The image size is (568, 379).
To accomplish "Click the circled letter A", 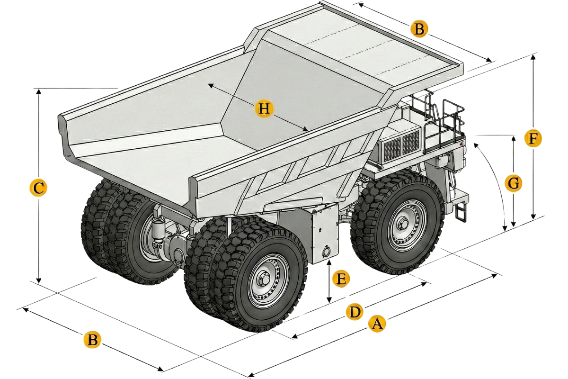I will click(377, 325).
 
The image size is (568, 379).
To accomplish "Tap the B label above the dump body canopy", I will click(419, 29).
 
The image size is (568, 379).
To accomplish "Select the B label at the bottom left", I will click(92, 340).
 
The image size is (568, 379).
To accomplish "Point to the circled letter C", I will click(37, 188).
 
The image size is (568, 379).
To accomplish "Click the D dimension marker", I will click(354, 312).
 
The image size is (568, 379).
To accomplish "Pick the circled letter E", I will click(340, 279).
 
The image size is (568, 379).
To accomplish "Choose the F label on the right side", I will click(533, 139).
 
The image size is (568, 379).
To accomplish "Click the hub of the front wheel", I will click(403, 223).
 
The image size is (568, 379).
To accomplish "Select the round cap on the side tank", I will click(326, 252).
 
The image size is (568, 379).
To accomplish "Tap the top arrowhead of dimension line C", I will click(38, 91).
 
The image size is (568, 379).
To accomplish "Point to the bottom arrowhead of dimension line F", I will click(533, 217).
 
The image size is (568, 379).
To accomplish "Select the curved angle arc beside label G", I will click(495, 180).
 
